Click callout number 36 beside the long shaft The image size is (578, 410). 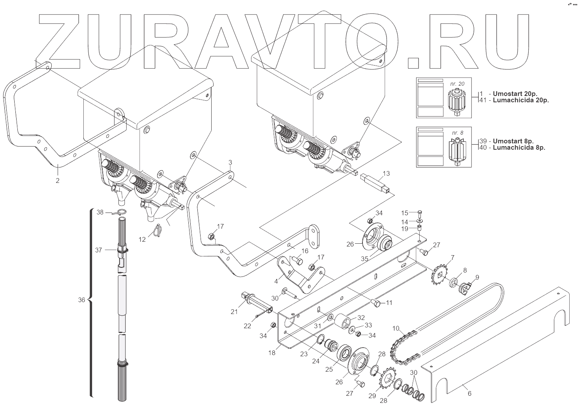coord(81,300)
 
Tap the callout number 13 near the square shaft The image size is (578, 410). coord(386,173)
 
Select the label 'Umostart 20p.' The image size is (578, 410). coord(514,94)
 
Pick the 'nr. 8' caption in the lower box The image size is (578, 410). coord(458,133)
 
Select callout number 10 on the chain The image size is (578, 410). coord(396,329)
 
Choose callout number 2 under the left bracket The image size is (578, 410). coord(58,181)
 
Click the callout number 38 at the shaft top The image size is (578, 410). coord(100,212)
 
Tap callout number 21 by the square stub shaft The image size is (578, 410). coord(234,312)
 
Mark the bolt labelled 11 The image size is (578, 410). coord(376,303)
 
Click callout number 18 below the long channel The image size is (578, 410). coord(272,353)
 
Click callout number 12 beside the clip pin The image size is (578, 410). coord(142,239)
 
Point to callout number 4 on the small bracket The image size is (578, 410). coord(276,282)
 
